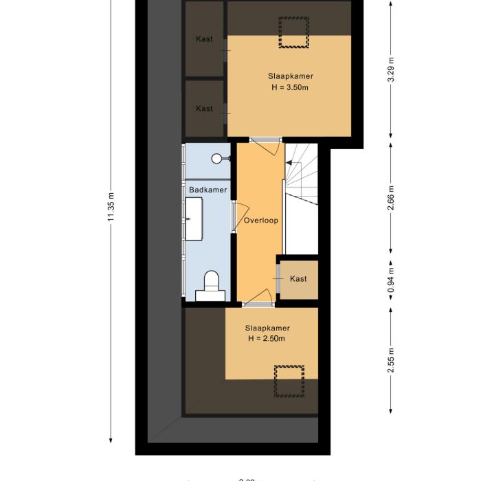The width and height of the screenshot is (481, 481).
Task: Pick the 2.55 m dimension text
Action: coord(390,361)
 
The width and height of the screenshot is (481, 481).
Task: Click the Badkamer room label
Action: coord(208,189)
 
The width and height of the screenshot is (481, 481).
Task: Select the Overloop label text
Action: coord(260,221)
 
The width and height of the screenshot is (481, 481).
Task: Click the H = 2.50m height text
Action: coord(267,338)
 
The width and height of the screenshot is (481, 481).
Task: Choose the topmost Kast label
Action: coord(204,39)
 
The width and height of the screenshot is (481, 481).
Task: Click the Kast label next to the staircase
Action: coord(298,278)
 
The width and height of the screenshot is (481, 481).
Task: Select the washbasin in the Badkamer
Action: coord(193,219)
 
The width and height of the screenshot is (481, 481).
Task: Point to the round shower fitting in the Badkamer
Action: coord(216,159)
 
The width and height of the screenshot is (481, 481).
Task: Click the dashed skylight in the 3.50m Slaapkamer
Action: coord(294,32)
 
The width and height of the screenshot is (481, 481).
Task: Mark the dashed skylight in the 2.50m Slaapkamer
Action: coord(289,381)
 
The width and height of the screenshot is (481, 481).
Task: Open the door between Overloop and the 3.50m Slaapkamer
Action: coord(265,141)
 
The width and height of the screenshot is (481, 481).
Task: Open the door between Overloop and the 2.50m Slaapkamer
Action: coord(258,298)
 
